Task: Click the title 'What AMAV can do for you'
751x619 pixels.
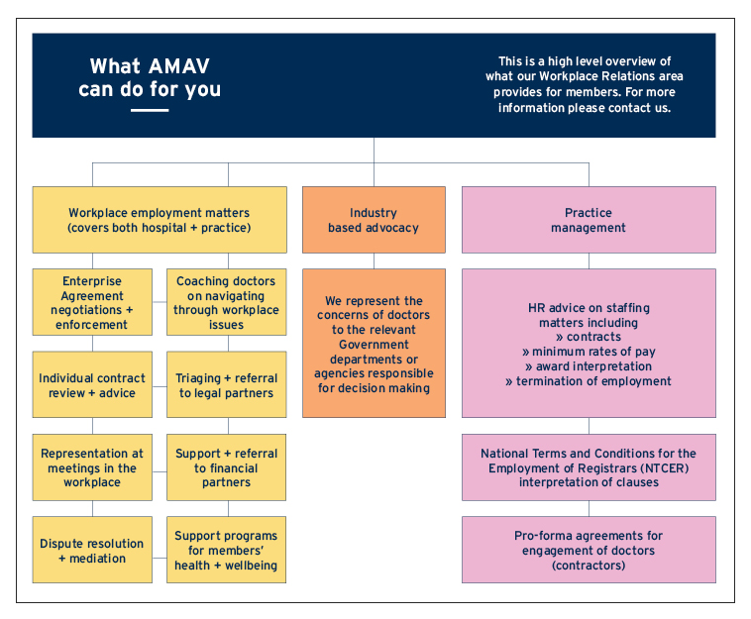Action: (150, 77)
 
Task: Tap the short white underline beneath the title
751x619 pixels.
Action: (150, 110)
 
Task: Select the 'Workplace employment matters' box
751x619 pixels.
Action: (159, 220)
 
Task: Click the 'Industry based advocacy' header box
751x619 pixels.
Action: (374, 220)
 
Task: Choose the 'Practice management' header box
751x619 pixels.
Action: (589, 220)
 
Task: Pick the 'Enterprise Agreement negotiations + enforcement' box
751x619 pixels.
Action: (93, 302)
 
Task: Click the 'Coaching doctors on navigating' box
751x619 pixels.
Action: (227, 302)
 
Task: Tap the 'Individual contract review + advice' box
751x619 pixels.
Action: (93, 385)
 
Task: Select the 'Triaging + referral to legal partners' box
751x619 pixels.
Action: (227, 385)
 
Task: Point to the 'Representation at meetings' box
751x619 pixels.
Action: (93, 467)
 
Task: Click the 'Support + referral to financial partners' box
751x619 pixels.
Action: (227, 467)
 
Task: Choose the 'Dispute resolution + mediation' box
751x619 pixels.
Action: (93, 551)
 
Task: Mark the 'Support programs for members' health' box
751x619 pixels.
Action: (227, 551)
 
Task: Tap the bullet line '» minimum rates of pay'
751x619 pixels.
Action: (589, 352)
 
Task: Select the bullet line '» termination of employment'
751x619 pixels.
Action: (589, 381)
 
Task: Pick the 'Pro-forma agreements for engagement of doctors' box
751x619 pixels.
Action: (589, 550)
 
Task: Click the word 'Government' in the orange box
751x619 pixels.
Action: (374, 345)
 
